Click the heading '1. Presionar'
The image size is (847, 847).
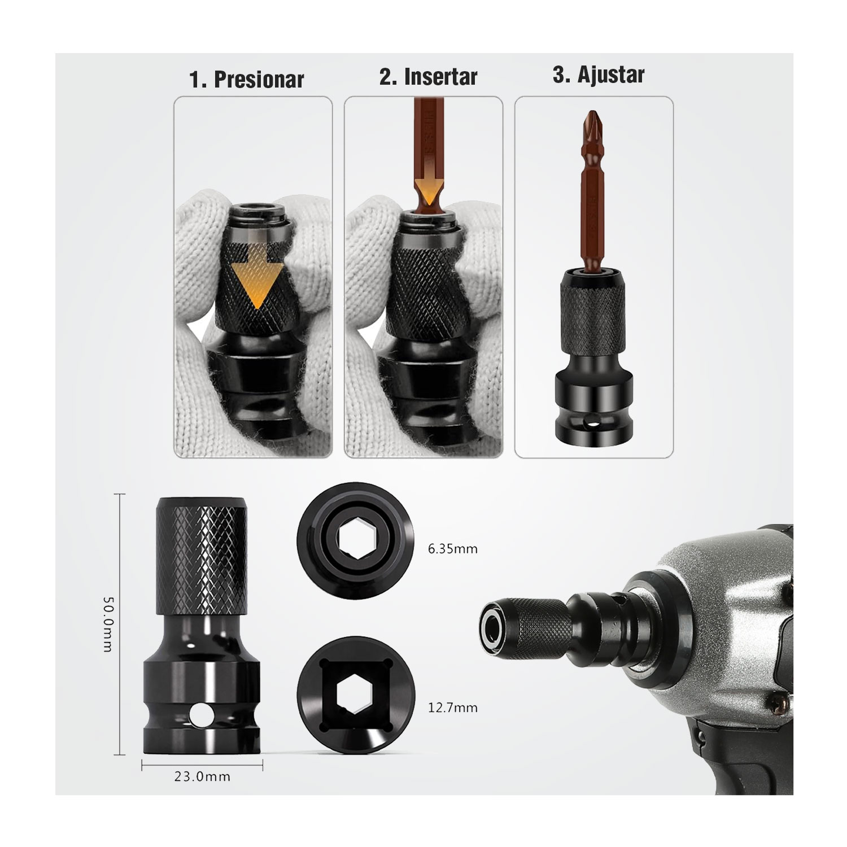[x=247, y=79]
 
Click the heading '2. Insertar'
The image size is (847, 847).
[x=428, y=77]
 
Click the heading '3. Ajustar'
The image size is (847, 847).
[x=598, y=75]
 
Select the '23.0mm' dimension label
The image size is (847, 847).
[x=202, y=776]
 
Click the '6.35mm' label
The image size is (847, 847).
[x=453, y=548]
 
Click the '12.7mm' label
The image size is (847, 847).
[x=453, y=707]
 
